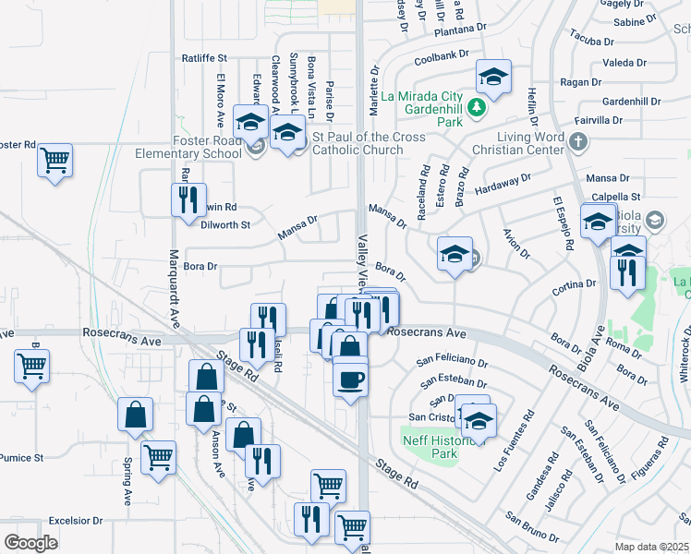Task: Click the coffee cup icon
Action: click(x=350, y=379)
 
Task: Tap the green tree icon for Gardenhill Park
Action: click(x=477, y=108)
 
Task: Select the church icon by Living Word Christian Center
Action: click(x=578, y=142)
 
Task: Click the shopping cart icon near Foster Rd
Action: click(x=55, y=160)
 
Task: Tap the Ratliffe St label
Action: click(x=204, y=58)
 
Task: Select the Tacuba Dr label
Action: click(x=592, y=39)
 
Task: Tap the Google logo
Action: click(x=30, y=543)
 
